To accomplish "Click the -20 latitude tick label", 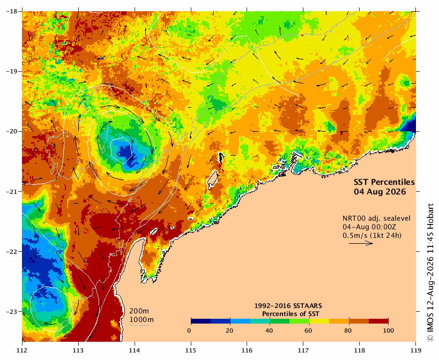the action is (x=11, y=131).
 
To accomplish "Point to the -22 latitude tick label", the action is (x=11, y=252).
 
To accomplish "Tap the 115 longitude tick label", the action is (x=191, y=350).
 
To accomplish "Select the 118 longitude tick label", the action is (x=360, y=350).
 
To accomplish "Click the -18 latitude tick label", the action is (x=11, y=11).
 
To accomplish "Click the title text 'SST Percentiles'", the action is (x=384, y=182).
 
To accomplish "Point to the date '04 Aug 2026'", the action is (x=380, y=192).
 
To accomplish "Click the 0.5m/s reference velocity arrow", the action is (x=361, y=243).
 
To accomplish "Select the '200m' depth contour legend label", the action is (x=139, y=311).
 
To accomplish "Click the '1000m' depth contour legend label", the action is (x=142, y=320).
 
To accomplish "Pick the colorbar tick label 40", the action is (x=269, y=331).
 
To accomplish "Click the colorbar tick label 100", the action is (x=388, y=331).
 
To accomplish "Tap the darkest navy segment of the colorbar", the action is (x=201, y=321).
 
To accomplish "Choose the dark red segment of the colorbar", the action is (x=378, y=321).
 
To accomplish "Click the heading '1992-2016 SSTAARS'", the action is (x=288, y=306).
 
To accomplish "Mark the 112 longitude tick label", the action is (x=22, y=350).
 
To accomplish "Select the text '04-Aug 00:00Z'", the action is (x=366, y=227).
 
